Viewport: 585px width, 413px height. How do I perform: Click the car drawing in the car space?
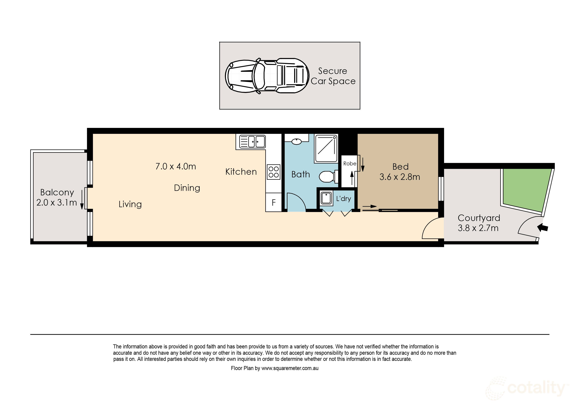[267, 76]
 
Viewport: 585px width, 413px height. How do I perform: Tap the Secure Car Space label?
[333, 76]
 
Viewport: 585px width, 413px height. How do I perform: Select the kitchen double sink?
[252, 142]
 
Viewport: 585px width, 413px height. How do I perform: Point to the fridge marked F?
[274, 203]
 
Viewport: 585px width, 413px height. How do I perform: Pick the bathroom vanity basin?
[296, 142]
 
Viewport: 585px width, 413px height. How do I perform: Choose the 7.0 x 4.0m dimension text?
[176, 166]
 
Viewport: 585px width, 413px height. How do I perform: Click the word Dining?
[187, 188]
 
